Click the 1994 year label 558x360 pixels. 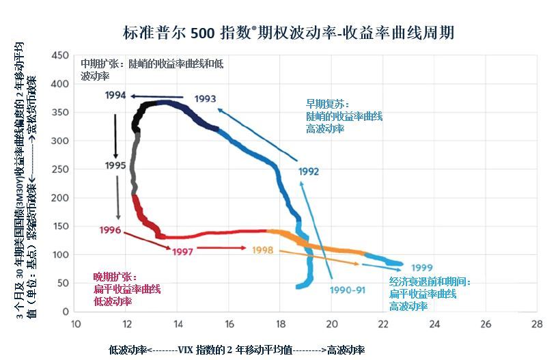115,95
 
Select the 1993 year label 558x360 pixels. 205,99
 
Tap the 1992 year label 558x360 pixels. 309,171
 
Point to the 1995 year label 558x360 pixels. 115,165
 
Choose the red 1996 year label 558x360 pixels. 110,230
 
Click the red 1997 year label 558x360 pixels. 182,251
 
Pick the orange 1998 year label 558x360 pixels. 262,250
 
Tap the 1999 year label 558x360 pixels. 422,267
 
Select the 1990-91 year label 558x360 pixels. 348,290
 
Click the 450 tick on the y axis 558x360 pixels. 61,55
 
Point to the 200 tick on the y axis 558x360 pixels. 61,197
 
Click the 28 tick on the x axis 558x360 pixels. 537,324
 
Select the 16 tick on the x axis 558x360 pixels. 229,324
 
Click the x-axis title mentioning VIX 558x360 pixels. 236,350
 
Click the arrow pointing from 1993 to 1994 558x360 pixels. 156,96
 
